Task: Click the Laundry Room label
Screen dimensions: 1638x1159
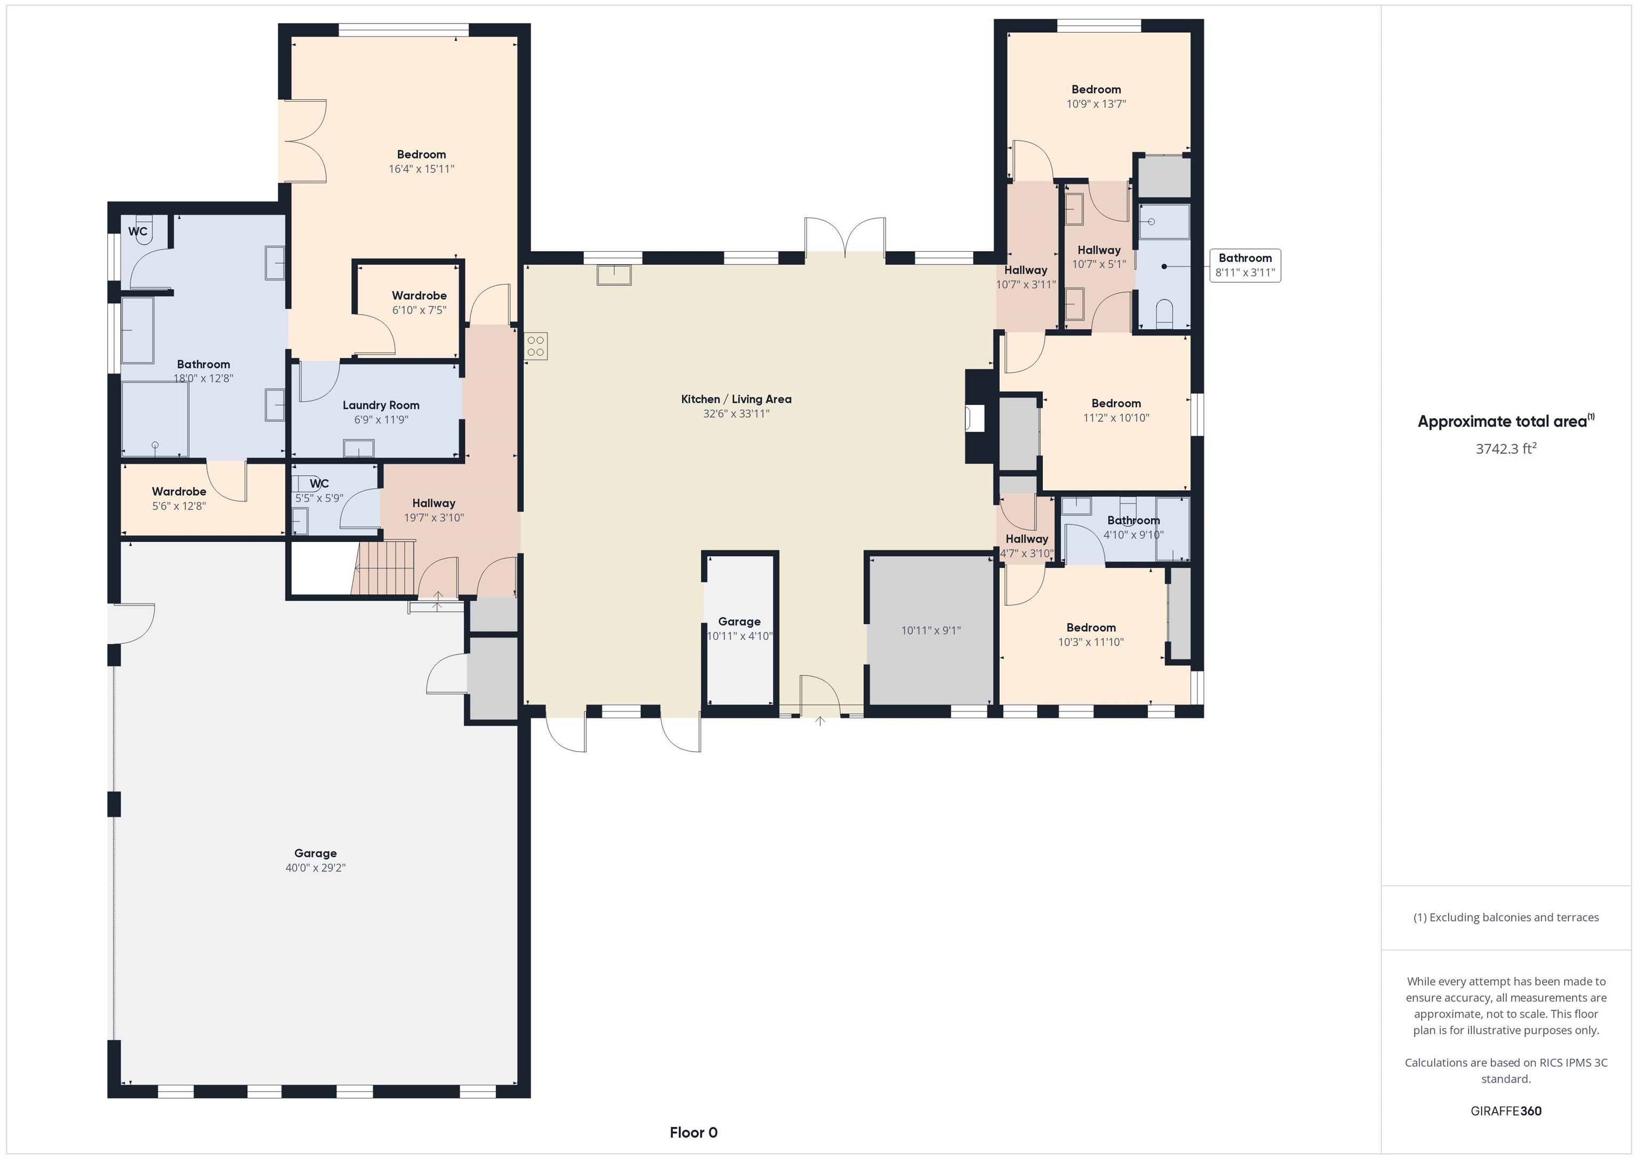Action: [380, 405]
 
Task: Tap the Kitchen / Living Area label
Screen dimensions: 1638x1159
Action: [736, 399]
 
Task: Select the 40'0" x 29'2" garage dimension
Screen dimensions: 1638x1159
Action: [315, 868]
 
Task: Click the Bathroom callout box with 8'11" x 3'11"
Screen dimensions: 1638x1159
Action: [1245, 266]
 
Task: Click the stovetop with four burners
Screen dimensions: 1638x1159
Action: [536, 346]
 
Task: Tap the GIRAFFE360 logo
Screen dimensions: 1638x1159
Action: [1506, 1111]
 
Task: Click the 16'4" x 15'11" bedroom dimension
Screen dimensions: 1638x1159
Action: [422, 169]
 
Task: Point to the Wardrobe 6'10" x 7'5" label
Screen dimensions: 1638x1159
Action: [420, 302]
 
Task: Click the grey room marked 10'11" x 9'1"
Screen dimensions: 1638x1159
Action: [931, 630]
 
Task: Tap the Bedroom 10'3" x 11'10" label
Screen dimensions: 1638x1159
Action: [1091, 635]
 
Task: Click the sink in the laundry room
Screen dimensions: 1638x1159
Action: [358, 448]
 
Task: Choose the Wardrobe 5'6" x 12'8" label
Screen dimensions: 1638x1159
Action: [179, 499]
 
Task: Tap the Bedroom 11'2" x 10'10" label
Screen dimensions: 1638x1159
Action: [1116, 410]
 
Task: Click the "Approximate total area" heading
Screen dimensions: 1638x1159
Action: [1506, 421]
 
